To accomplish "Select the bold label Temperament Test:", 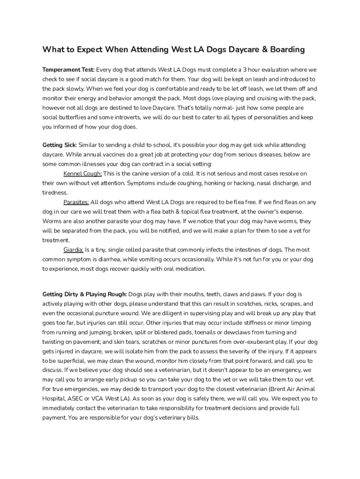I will coord(68,70).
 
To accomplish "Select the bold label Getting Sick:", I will coord(60,145).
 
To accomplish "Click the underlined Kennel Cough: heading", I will coord(82,174).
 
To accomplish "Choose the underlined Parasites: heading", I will coord(76,202).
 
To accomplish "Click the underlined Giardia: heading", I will coord(73,250).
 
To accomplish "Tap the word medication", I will coord(189,269).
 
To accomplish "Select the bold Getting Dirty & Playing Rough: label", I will coord(85,294).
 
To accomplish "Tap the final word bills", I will coord(192,418).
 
